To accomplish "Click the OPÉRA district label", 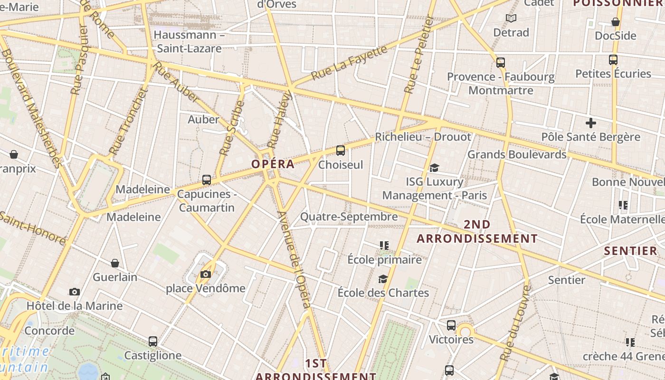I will click(x=273, y=164).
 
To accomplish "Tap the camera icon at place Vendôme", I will click(x=206, y=274).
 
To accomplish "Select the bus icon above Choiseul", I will click(x=340, y=151).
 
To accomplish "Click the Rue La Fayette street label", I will click(x=349, y=62).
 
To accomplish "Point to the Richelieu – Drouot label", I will click(x=423, y=137).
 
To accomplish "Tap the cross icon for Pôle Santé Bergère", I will click(x=591, y=123).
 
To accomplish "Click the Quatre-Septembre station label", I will click(x=349, y=217).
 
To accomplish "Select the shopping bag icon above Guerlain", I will click(x=115, y=263).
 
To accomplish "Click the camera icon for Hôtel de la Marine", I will click(x=75, y=292).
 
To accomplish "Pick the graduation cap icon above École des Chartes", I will click(x=383, y=279).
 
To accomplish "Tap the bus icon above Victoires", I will click(x=451, y=325).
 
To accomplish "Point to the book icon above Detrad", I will click(x=511, y=19).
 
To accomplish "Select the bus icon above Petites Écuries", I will click(x=613, y=60).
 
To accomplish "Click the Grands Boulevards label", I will click(x=517, y=154).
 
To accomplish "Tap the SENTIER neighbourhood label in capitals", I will click(x=630, y=251).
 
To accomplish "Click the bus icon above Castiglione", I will click(x=153, y=341).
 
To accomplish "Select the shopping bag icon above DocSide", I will click(x=616, y=22).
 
